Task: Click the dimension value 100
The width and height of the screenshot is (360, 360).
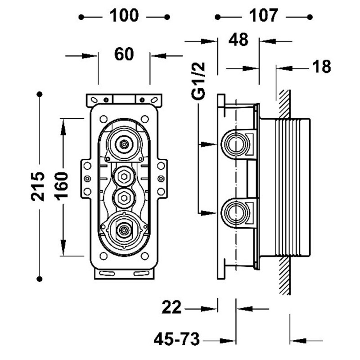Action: coord(124,16)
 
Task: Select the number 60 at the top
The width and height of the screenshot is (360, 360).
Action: coord(124,55)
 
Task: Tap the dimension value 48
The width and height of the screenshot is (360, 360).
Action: coord(238,40)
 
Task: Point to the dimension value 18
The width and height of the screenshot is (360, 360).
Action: coord(322,67)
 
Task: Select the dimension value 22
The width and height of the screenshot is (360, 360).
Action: coord(172,308)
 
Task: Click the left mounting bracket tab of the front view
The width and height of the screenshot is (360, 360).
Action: coord(86,179)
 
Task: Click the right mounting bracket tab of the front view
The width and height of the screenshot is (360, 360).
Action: coord(162,179)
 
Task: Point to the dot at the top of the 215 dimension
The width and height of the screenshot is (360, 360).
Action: coord(40,94)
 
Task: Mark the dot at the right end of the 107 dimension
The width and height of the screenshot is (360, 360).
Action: coord(310,17)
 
